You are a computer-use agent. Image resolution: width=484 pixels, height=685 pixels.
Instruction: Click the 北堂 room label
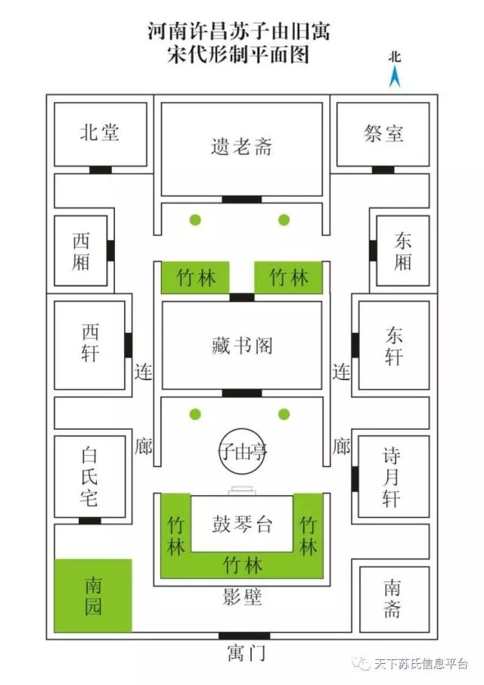[x=99, y=133]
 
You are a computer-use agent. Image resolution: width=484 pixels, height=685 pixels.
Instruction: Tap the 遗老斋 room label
[x=241, y=146]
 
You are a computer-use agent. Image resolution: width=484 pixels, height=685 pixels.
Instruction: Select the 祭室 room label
[x=383, y=134]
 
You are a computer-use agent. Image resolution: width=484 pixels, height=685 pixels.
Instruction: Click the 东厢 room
[x=402, y=251]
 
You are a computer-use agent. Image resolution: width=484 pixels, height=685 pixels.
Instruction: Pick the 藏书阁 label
[x=241, y=346]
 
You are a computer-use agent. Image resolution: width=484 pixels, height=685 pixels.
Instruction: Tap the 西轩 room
[x=90, y=344]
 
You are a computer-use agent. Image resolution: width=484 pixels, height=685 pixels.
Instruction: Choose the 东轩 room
[x=393, y=345]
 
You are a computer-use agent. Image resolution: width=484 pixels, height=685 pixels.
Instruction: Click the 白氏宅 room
[x=89, y=477]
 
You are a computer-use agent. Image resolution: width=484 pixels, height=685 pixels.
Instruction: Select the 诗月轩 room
[x=393, y=477]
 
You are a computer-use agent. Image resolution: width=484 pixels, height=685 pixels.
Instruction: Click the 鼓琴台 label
[x=241, y=525]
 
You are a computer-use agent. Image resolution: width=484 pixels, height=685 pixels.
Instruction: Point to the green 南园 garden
[x=93, y=596]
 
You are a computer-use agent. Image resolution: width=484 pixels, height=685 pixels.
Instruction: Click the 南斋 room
[x=392, y=598]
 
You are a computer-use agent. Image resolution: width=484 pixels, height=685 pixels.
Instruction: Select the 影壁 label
[x=243, y=598]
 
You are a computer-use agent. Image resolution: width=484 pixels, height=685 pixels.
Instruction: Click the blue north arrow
[x=394, y=76]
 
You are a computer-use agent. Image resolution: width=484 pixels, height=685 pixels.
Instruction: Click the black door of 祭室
[x=383, y=170]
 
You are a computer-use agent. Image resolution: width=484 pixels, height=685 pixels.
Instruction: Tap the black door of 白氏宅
[x=90, y=521]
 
